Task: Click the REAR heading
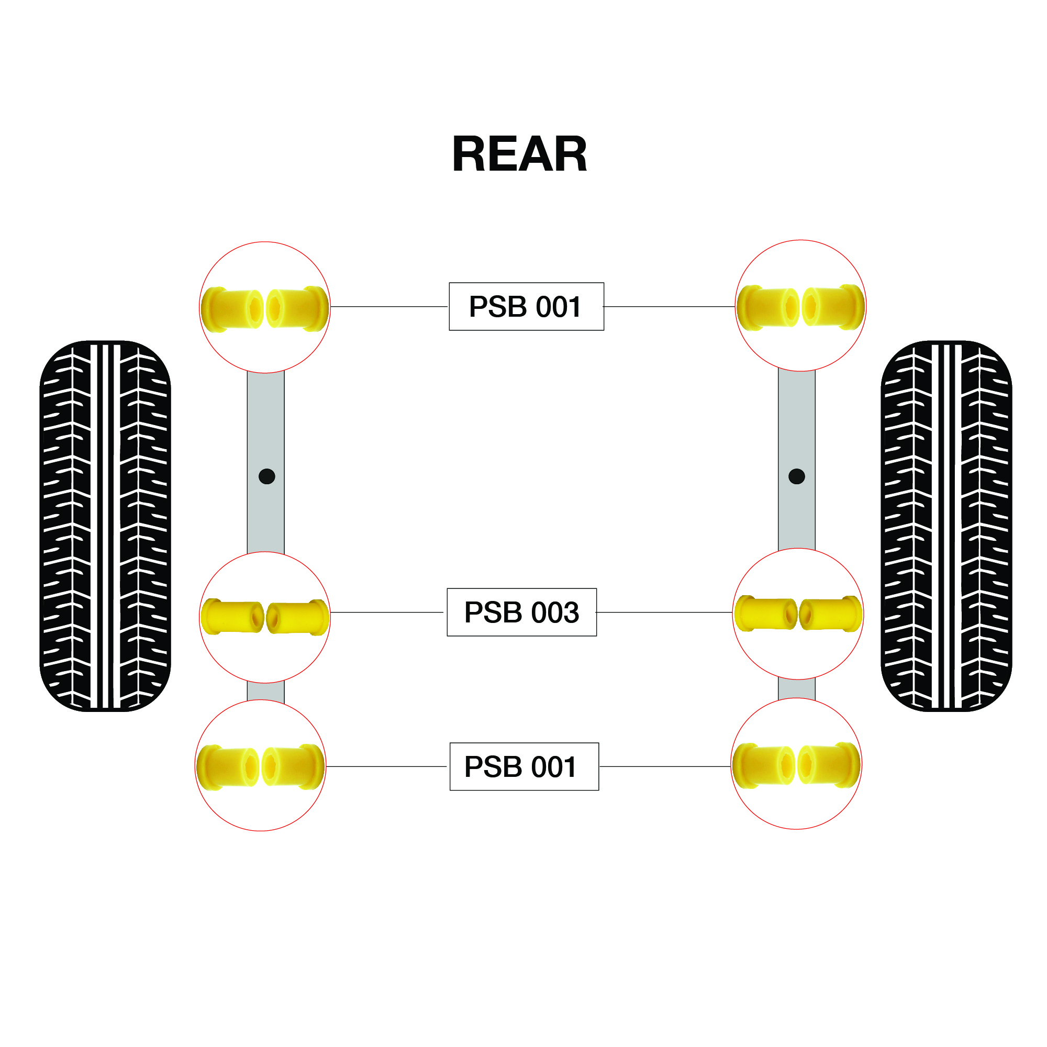[x=519, y=154]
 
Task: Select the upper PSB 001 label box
[x=526, y=306]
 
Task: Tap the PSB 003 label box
[x=521, y=612]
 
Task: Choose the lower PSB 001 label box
[x=523, y=766]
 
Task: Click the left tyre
[x=105, y=526]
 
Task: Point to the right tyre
[x=945, y=526]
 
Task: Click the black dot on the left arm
[x=266, y=476]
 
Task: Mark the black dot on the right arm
[x=796, y=476]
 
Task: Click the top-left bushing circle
[x=264, y=307]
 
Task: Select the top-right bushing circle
[x=800, y=306]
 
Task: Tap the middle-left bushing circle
[x=264, y=617]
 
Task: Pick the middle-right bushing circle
[x=797, y=614]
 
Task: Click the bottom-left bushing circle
[x=260, y=765]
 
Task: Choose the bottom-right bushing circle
[x=796, y=764]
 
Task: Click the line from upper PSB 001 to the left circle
[x=389, y=306]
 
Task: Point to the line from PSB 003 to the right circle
[x=664, y=612]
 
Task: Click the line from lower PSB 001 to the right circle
[x=665, y=766]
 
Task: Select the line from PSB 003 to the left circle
[x=387, y=612]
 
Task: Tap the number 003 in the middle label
[x=555, y=612]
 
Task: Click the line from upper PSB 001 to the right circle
[x=669, y=306]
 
